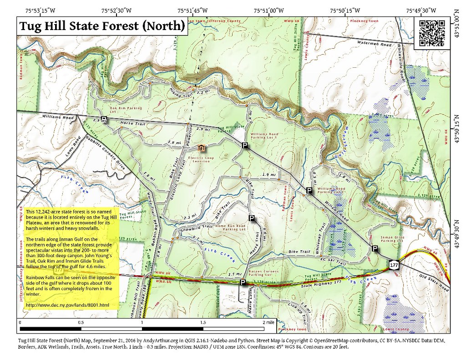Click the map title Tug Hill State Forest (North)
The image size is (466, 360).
tap(102, 26)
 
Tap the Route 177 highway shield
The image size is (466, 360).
tap(394, 264)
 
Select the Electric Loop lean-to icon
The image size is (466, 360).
tap(201, 148)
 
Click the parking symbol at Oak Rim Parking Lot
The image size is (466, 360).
tap(104, 120)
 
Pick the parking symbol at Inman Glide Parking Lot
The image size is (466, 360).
tap(375, 248)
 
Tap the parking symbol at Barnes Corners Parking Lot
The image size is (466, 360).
tap(243, 283)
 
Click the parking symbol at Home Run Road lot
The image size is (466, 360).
tap(251, 219)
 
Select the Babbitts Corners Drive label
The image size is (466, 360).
tap(105, 152)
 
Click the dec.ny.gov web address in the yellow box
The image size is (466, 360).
tap(68, 304)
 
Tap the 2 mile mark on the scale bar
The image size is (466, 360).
tap(266, 322)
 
